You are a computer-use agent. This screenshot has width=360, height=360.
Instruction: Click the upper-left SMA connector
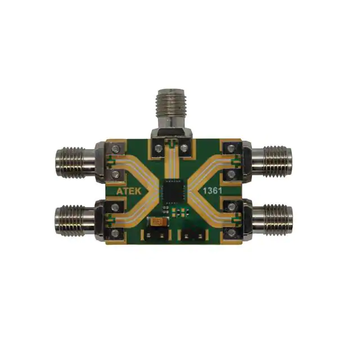pos(75,161)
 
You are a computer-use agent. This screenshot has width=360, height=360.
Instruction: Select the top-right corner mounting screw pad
pos(230,149)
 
